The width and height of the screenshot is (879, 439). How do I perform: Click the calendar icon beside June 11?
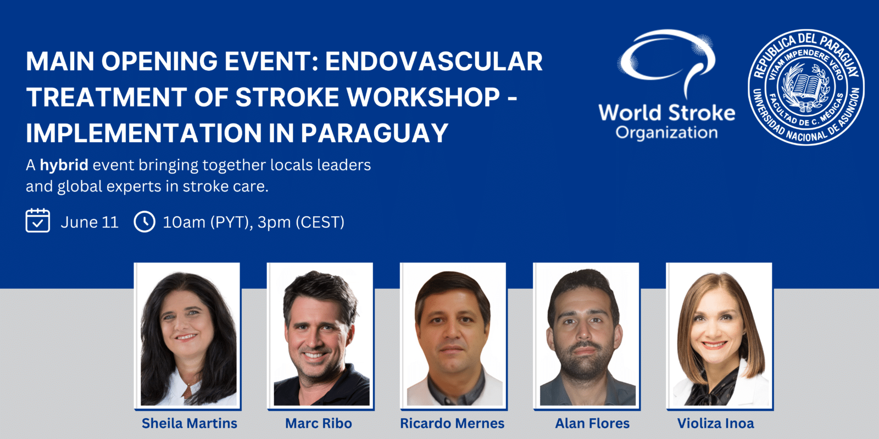click(38, 221)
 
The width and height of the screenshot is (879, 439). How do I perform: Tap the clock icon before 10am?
click(144, 222)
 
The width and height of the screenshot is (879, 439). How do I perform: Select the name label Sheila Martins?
click(189, 423)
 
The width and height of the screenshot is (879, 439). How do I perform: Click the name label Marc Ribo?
click(318, 423)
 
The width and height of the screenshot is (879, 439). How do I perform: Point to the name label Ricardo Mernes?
click(452, 423)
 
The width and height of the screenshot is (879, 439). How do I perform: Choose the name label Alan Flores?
click(592, 423)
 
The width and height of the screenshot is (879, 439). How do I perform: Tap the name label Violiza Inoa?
click(715, 423)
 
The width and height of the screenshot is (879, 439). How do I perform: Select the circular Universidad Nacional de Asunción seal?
click(806, 87)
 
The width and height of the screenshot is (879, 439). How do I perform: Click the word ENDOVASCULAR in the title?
click(434, 61)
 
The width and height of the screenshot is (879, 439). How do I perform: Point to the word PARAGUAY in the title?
click(375, 133)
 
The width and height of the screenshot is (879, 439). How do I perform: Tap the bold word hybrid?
click(64, 165)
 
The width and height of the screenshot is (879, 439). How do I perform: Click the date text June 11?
click(90, 222)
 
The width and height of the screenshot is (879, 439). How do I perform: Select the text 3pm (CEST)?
click(301, 222)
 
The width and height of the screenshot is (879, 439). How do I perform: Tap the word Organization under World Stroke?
click(666, 133)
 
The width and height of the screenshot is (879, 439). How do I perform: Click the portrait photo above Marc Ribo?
click(320, 336)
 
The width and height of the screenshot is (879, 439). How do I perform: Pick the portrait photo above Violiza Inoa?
click(719, 336)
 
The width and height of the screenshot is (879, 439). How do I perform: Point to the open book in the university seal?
click(805, 87)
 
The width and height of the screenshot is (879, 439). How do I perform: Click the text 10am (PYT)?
click(205, 222)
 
